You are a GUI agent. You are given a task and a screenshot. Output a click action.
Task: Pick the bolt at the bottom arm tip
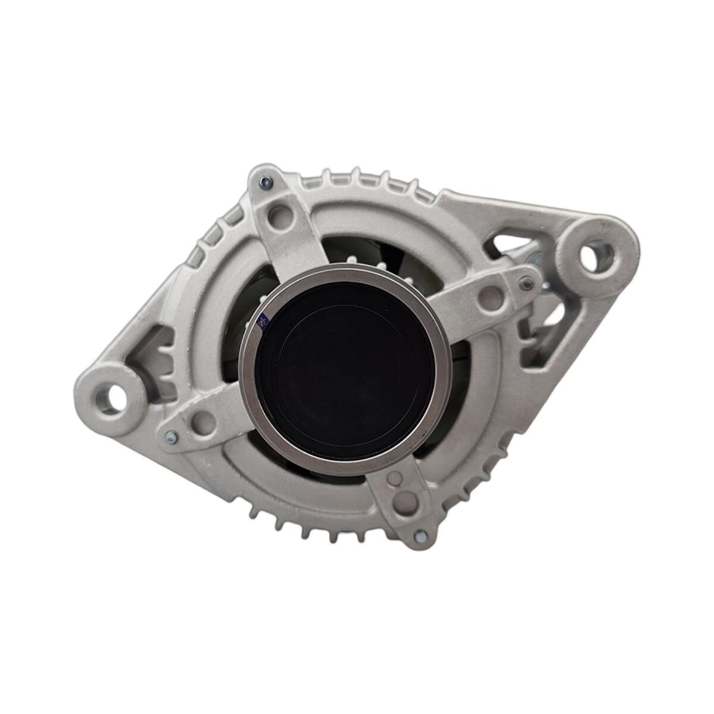coord(421,537)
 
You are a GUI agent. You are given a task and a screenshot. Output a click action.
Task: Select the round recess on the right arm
coord(490,297)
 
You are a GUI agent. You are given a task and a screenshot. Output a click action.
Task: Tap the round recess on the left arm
coord(204,422)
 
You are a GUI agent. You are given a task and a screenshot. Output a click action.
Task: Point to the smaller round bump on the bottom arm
coord(394,478)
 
